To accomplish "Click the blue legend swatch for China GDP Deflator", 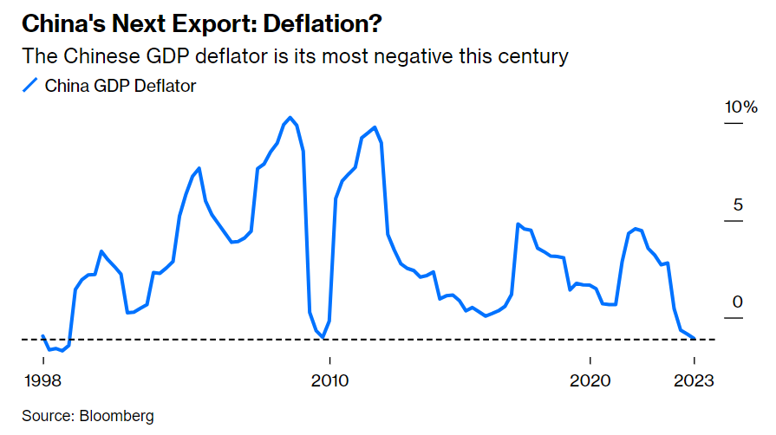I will pos(29,85).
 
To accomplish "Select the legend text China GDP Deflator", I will pos(121,85).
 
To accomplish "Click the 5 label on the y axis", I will pos(738,205).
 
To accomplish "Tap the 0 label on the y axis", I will pos(738,302).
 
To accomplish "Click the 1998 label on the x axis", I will pos(43,380).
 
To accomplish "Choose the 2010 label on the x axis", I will pos(329,380).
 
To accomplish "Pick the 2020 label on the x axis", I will pos(590,380).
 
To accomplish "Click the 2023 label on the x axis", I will pos(694,380).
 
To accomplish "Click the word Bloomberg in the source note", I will pos(117,416).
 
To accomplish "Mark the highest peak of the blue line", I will pos(290,118).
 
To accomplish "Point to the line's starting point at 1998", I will pos(43,336).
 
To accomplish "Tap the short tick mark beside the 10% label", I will pos(734,123).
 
